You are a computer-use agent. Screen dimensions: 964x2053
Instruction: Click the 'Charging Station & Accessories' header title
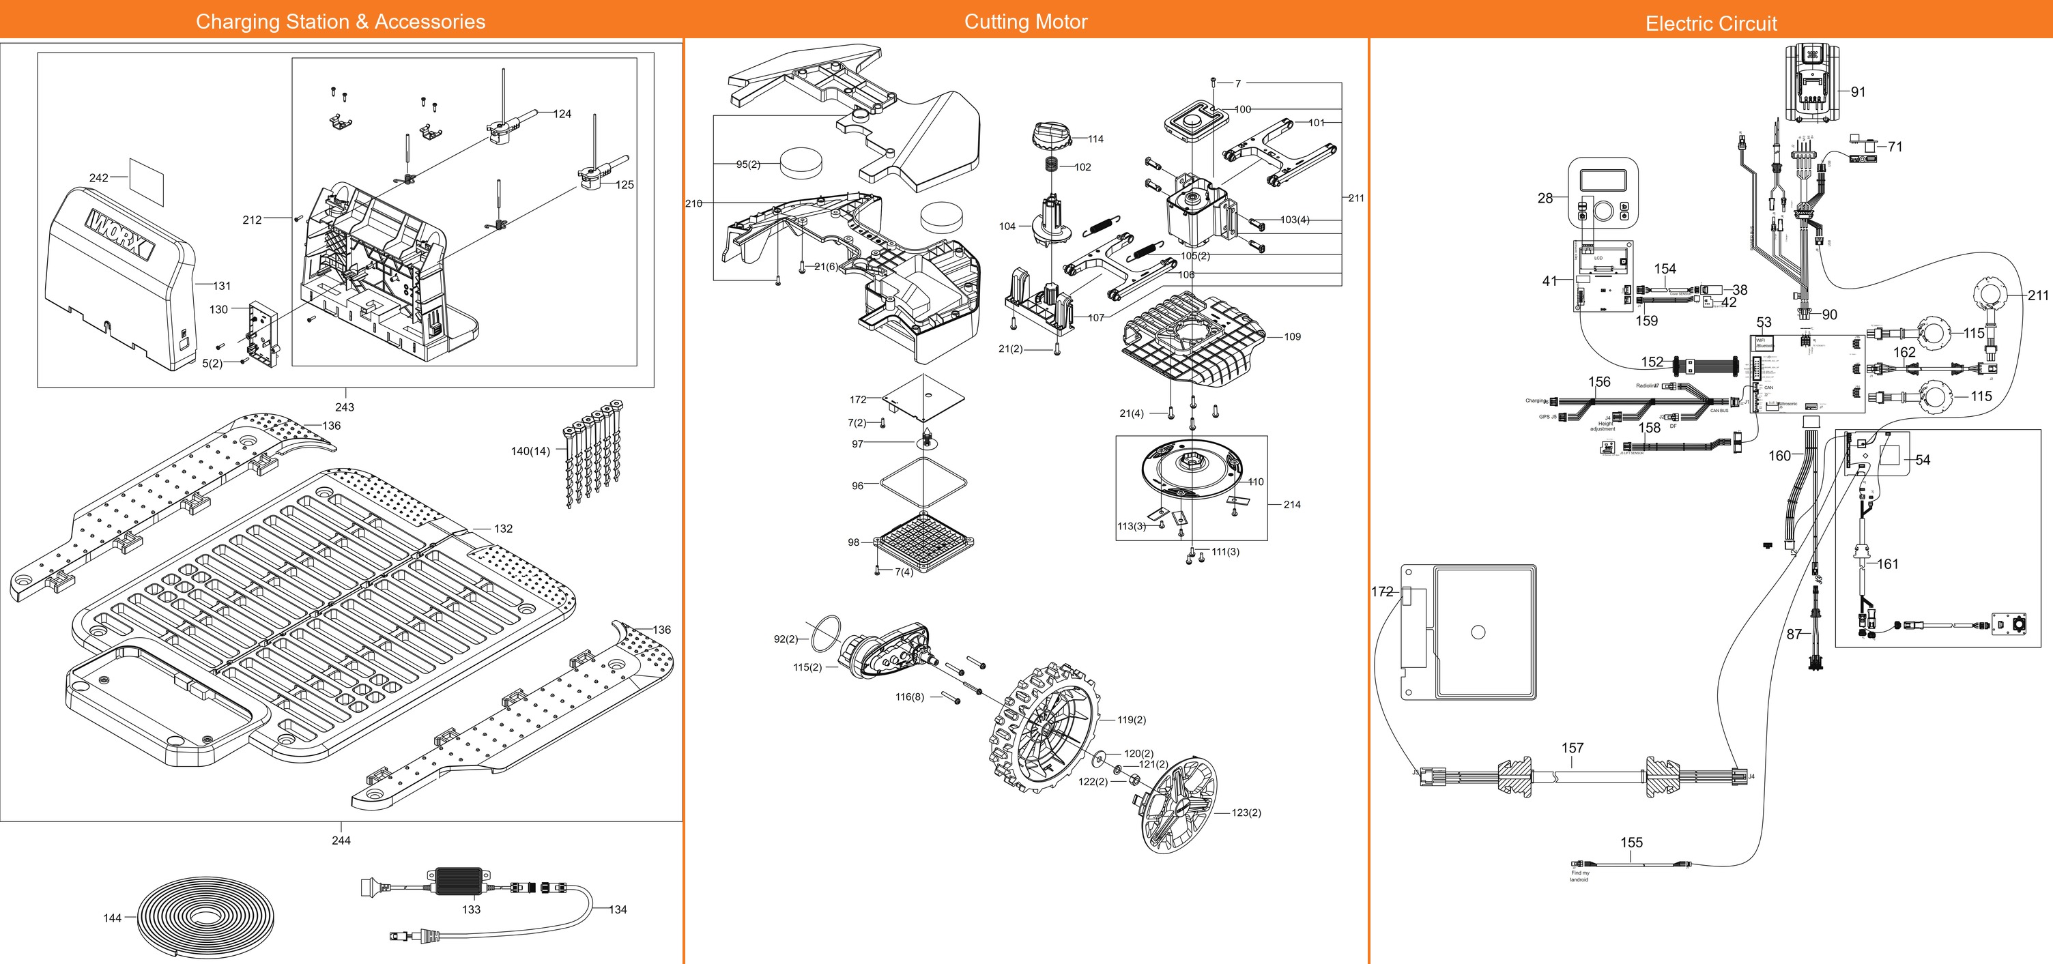click(341, 22)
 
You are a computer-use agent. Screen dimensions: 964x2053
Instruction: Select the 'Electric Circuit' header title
click(1711, 23)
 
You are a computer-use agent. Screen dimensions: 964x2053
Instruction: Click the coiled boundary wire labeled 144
click(208, 916)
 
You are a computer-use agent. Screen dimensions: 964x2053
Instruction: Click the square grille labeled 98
click(925, 542)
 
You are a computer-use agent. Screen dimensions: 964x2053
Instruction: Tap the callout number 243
click(345, 407)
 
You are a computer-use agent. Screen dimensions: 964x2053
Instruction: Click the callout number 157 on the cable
click(1572, 748)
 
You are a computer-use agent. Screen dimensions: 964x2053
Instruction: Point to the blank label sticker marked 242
click(146, 180)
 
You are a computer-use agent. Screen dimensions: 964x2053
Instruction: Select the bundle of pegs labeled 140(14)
click(593, 452)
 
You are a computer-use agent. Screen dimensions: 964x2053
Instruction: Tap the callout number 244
click(341, 841)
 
